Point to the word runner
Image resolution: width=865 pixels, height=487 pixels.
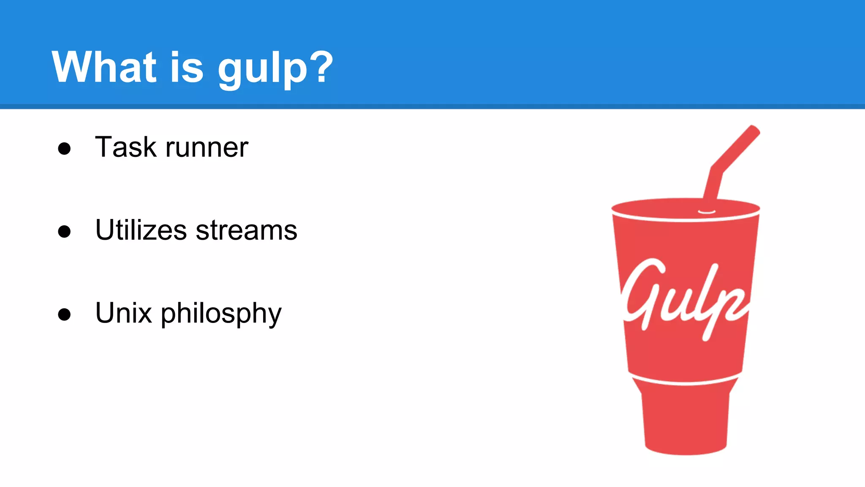tap(207, 148)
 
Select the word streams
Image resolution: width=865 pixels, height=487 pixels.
tap(247, 230)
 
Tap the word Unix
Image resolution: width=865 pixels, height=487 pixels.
tap(123, 313)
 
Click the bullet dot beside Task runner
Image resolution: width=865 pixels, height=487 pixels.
tap(64, 148)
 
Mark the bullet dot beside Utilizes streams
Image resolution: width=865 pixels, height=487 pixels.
tap(64, 231)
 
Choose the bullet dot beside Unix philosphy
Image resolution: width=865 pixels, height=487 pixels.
tap(64, 314)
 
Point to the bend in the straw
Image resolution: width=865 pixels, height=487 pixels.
tap(716, 169)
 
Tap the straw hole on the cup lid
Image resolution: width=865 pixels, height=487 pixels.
tap(707, 211)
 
